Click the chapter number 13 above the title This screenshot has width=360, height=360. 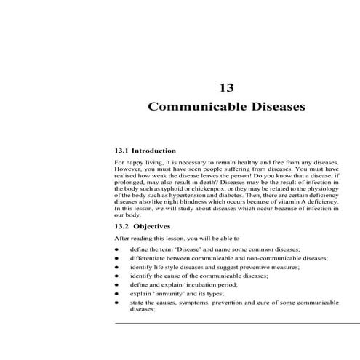226,87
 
